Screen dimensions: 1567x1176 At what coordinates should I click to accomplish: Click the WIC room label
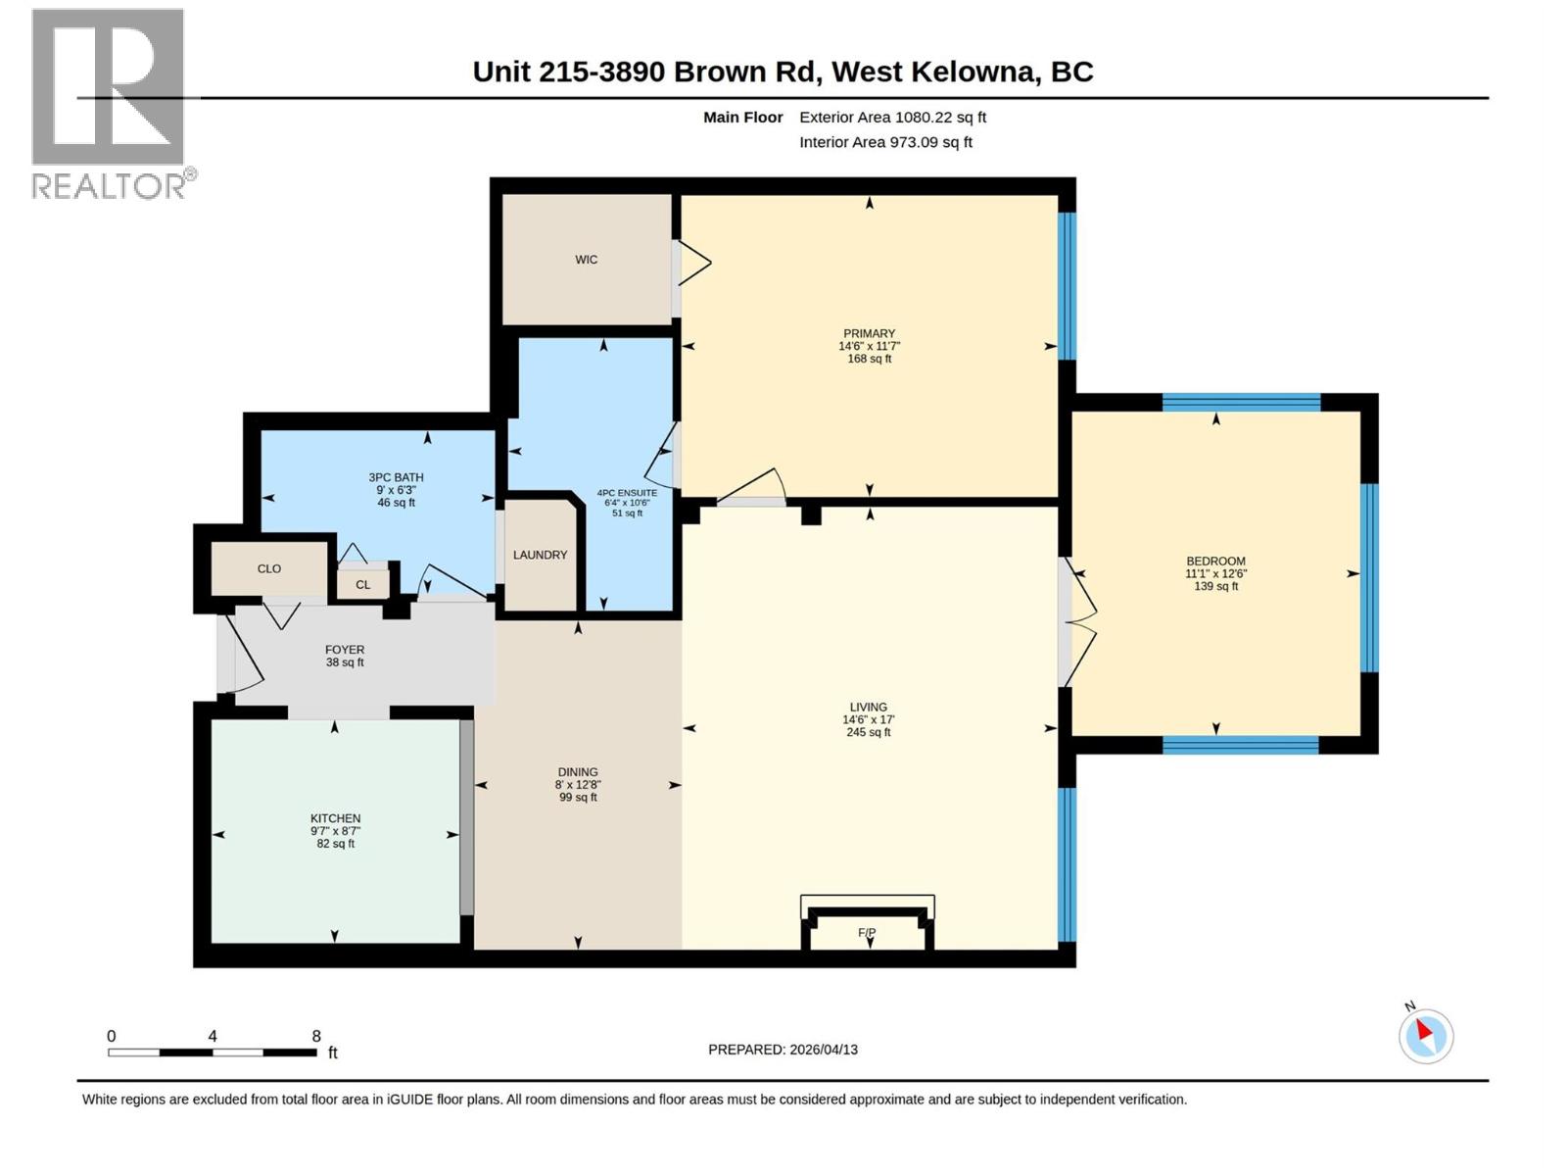[586, 260]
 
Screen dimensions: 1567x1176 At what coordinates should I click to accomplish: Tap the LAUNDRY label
[541, 555]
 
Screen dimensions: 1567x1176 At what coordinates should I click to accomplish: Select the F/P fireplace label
[867, 933]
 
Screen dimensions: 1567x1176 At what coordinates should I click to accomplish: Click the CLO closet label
[269, 569]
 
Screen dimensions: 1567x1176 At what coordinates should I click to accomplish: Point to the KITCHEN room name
[336, 818]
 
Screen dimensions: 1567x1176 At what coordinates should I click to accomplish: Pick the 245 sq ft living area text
[869, 732]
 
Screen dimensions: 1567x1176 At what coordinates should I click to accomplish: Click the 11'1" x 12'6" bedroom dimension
[1216, 573]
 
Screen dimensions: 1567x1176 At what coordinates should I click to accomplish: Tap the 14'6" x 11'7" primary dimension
[870, 346]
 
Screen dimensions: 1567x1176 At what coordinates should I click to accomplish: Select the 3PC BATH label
[397, 477]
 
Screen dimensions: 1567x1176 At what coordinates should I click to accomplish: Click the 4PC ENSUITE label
[628, 493]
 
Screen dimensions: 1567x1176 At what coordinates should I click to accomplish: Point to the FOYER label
[345, 650]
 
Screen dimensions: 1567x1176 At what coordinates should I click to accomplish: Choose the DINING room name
[578, 772]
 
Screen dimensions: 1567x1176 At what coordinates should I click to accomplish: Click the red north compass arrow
[1424, 1030]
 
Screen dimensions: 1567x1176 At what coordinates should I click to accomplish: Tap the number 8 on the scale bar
[316, 1035]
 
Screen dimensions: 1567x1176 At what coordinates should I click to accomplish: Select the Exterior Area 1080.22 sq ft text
[893, 117]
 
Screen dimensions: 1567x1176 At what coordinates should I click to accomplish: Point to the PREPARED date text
[783, 1050]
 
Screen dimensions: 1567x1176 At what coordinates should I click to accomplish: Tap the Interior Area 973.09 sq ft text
[886, 142]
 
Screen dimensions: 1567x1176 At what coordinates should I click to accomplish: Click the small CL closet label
[362, 585]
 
